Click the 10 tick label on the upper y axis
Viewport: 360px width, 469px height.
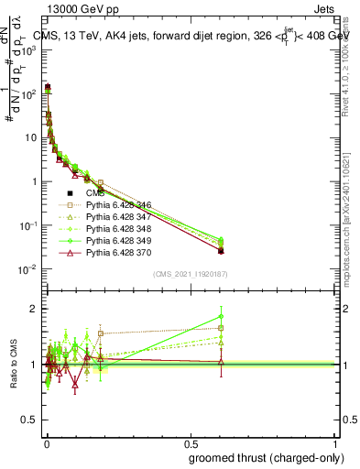point(29,137)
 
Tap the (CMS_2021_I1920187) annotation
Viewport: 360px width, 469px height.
point(190,274)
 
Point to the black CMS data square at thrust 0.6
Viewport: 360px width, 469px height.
point(221,251)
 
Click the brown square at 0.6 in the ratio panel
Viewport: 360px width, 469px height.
point(221,328)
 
